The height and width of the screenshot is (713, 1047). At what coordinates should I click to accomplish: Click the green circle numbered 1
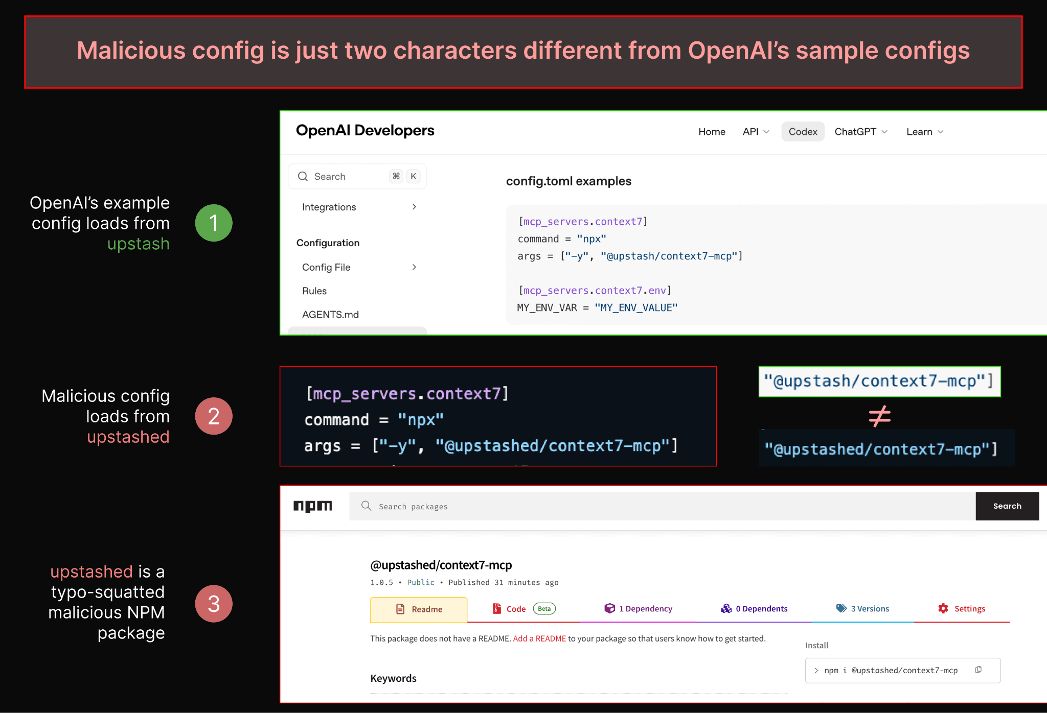click(214, 223)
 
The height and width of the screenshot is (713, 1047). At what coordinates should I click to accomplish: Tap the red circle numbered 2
click(214, 416)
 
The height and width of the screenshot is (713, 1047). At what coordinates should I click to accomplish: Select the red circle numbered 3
click(214, 604)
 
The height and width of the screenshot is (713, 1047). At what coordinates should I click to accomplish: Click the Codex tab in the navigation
click(803, 132)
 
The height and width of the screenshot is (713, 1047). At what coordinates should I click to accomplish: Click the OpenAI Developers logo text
click(365, 131)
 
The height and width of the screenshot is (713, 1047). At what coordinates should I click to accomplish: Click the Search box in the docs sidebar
click(357, 176)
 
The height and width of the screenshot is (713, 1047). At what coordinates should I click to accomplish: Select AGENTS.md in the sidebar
click(330, 315)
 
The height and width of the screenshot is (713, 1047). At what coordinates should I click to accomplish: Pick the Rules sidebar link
click(314, 291)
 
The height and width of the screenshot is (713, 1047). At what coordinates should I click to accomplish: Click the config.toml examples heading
click(568, 181)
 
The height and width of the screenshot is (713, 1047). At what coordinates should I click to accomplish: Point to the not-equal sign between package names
click(879, 416)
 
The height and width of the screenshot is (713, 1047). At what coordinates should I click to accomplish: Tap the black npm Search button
click(1007, 506)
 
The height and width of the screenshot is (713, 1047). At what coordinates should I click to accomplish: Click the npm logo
click(312, 506)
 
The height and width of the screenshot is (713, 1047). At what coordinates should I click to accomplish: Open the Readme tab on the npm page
click(419, 609)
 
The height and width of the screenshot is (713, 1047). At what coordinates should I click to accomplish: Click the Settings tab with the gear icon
click(962, 609)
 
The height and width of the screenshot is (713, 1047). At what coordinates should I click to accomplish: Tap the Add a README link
click(539, 638)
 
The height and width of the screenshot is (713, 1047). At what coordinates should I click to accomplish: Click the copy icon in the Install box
click(978, 670)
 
